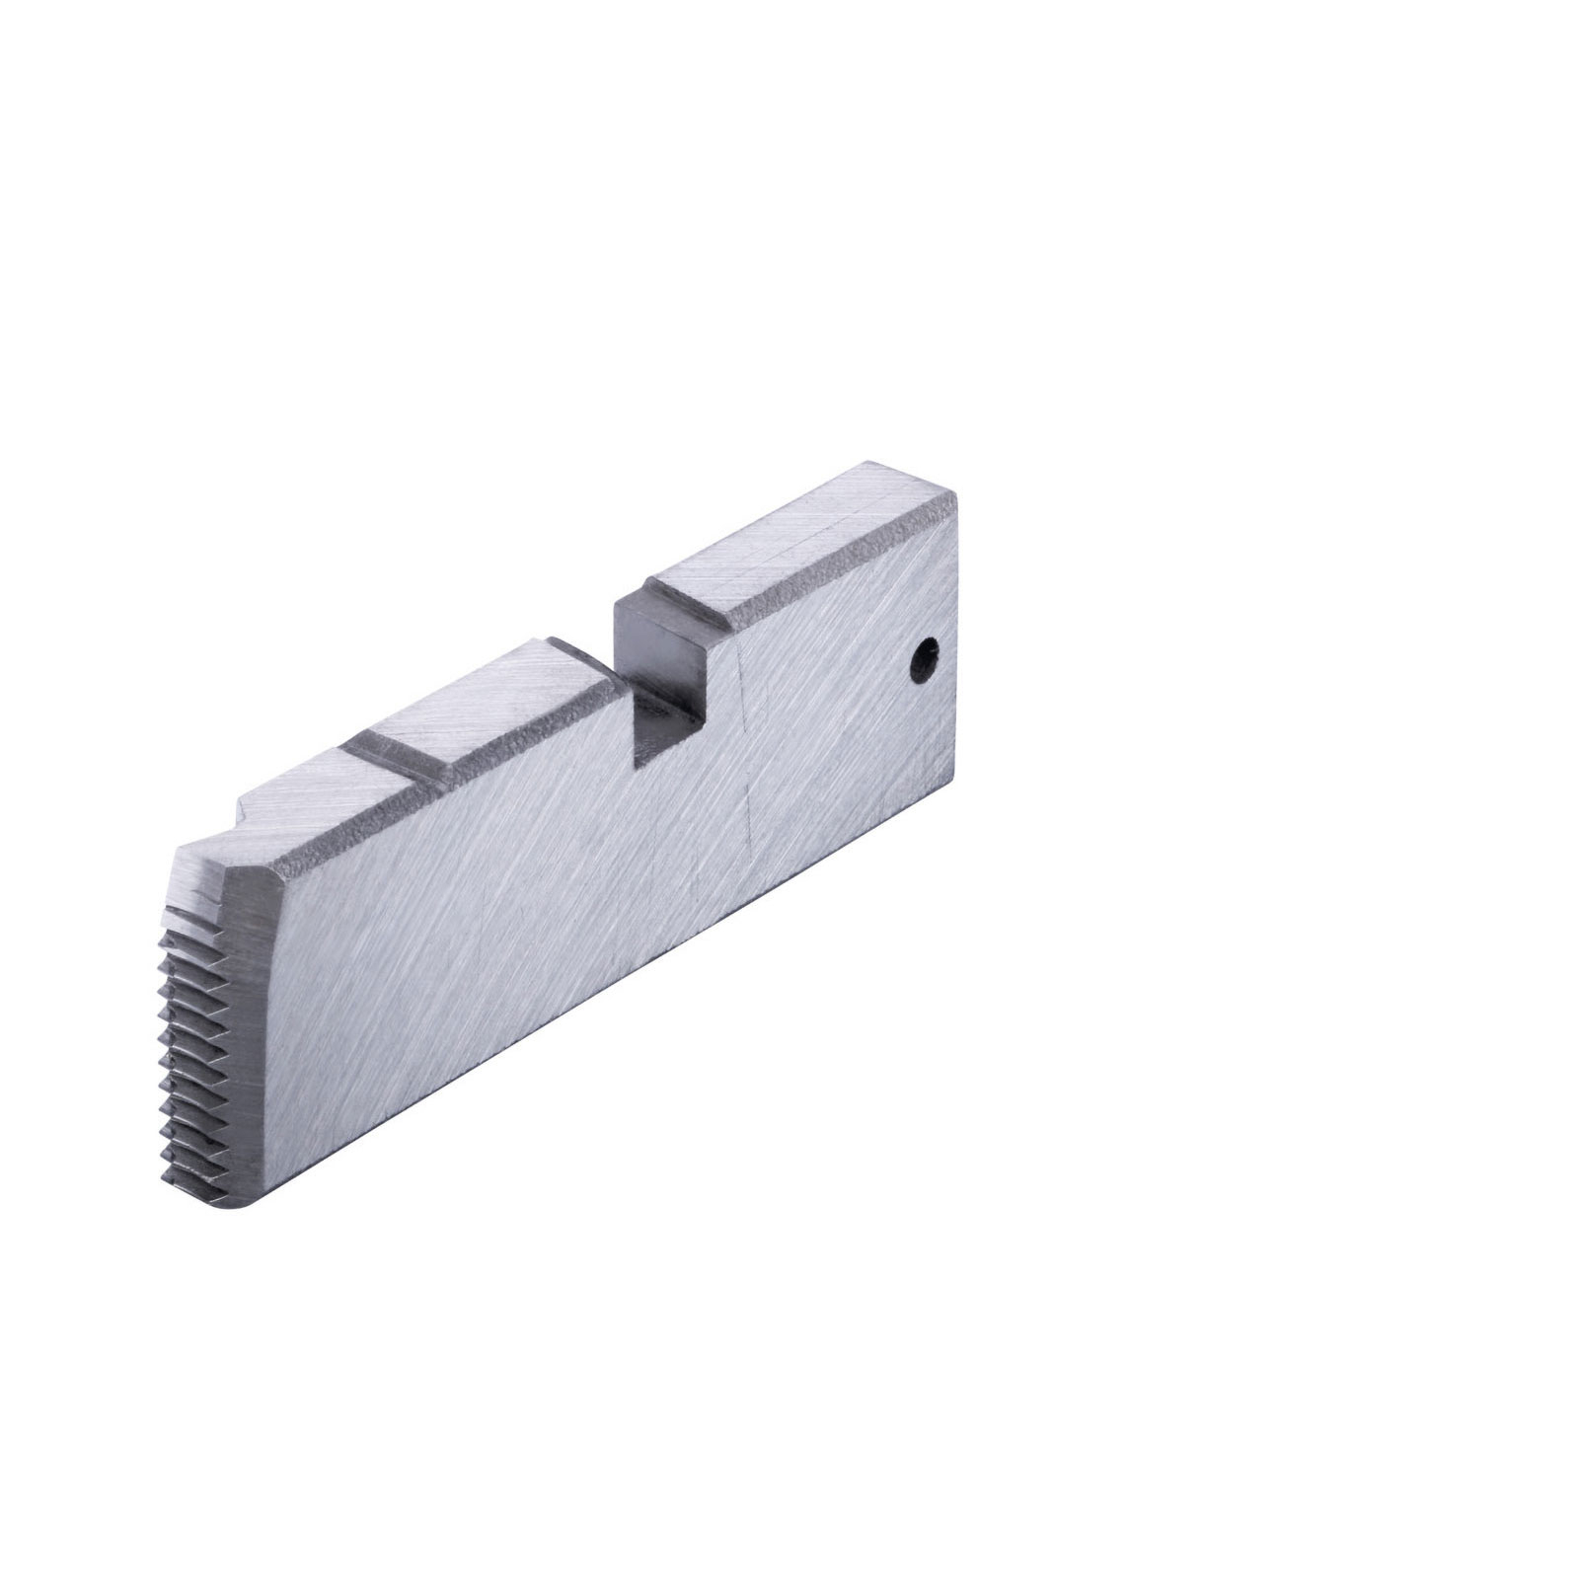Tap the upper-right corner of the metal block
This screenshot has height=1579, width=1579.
point(955,498)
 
